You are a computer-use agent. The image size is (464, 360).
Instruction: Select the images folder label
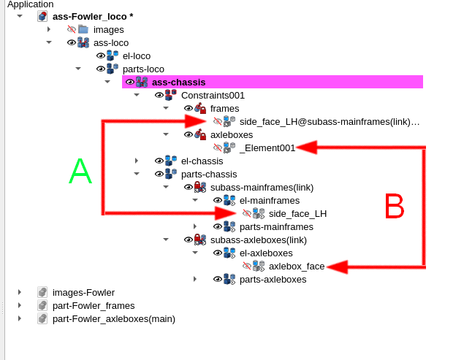[108, 29]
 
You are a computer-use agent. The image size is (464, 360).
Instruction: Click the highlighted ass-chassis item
[178, 82]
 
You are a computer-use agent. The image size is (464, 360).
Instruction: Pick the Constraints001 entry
[213, 95]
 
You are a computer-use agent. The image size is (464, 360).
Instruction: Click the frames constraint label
[224, 108]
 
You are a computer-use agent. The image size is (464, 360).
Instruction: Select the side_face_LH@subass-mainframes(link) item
[330, 121]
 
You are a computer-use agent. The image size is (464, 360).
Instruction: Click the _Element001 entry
[267, 148]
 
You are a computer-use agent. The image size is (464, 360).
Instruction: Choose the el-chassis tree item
[202, 161]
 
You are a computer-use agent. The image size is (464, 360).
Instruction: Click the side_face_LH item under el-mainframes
[297, 213]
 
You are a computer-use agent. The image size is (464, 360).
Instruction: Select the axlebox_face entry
[297, 266]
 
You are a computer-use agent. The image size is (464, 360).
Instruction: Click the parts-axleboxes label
[273, 279]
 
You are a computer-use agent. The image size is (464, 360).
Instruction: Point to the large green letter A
[80, 172]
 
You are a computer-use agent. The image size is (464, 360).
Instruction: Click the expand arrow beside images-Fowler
[20, 292]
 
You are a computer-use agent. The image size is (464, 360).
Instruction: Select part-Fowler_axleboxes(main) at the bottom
[113, 318]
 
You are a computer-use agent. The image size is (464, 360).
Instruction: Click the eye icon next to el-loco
[101, 55]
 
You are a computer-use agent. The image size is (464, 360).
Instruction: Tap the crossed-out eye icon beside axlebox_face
[247, 266]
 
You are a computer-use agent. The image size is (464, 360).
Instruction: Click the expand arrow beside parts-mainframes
[195, 226]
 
